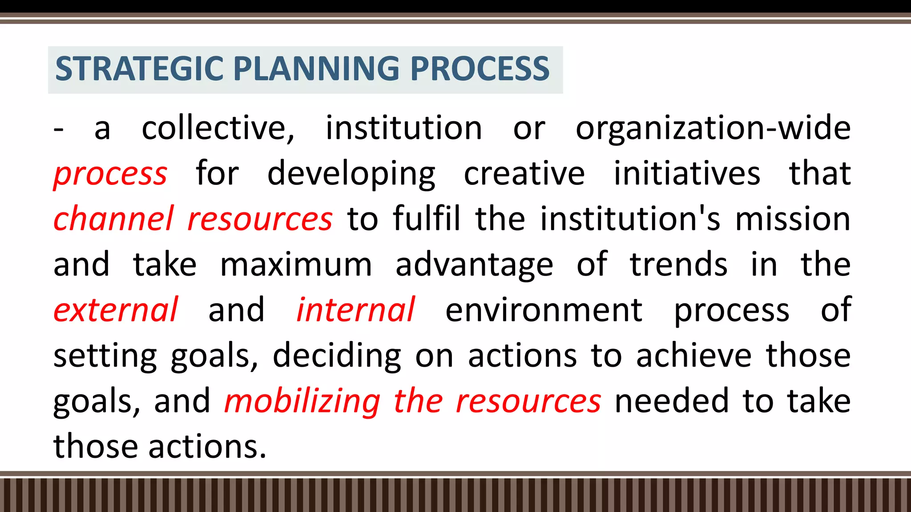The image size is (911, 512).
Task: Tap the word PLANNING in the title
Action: click(316, 69)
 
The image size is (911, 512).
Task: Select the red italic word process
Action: click(110, 174)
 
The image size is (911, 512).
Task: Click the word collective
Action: click(218, 128)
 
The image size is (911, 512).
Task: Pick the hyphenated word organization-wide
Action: click(713, 128)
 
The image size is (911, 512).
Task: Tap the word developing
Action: click(351, 174)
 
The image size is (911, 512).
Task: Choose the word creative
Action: click(524, 174)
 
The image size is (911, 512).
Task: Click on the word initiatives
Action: click(687, 174)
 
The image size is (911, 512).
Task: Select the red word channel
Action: click(113, 219)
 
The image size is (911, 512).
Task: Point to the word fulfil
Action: click(427, 219)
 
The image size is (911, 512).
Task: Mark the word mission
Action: click(793, 219)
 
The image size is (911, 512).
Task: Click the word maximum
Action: click(296, 265)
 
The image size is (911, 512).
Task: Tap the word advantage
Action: click(474, 265)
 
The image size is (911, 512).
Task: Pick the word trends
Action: click(679, 265)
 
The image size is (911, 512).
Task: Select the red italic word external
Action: click(116, 310)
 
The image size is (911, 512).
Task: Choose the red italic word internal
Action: click(356, 310)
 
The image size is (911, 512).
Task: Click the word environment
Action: click(544, 310)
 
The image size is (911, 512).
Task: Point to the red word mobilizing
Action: click(302, 401)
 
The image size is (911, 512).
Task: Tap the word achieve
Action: click(693, 356)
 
